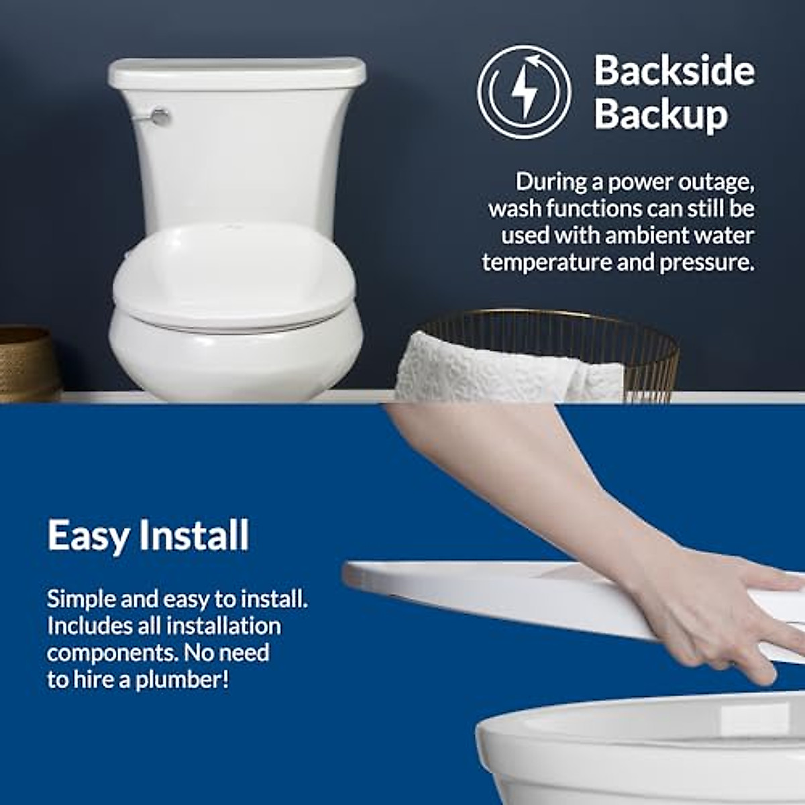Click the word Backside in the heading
674,70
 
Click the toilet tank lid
237,72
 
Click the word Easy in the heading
87,536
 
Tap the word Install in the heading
194,536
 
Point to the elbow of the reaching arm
429,443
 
